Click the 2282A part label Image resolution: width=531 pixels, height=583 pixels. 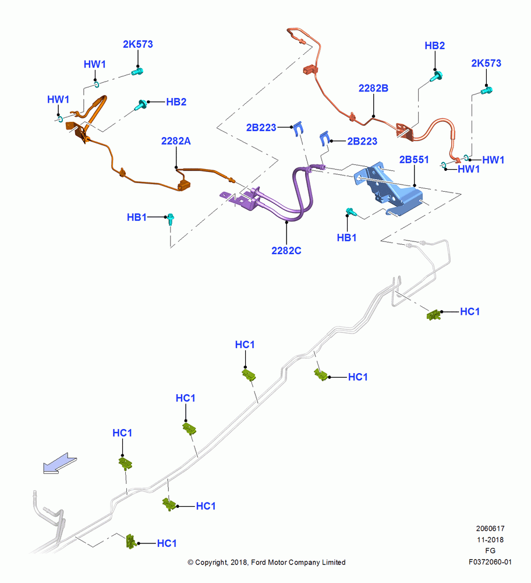click(176, 141)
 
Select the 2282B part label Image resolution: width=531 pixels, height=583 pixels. click(373, 88)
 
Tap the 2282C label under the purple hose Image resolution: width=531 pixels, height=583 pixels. click(286, 251)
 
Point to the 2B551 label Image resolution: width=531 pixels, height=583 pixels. click(414, 160)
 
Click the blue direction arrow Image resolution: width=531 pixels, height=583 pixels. click(60, 463)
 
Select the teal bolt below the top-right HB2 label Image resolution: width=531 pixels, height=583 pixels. click(436, 76)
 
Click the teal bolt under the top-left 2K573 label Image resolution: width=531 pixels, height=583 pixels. click(137, 71)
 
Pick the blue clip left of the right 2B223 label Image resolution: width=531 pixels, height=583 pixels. click(324, 138)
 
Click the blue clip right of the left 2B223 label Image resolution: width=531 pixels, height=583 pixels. click(299, 128)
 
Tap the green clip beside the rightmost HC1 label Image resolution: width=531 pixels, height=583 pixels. click(434, 315)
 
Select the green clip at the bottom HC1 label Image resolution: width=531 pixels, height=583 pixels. click(130, 542)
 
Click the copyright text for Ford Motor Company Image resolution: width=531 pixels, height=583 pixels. click(267, 562)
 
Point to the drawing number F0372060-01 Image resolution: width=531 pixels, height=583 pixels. click(490, 562)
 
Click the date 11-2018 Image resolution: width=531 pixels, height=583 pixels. click(490, 539)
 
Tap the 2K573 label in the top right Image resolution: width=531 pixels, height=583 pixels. click(486, 63)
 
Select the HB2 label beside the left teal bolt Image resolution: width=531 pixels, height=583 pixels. click(176, 102)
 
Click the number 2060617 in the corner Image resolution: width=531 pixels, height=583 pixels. click(490, 528)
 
